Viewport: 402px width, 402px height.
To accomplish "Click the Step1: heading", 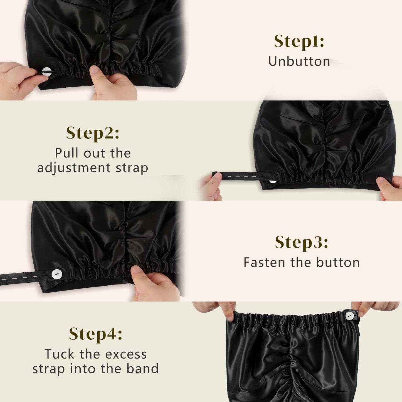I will coord(299,41).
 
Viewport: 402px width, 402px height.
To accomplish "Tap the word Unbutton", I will coord(299,61).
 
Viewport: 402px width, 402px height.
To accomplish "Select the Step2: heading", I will coord(93,133).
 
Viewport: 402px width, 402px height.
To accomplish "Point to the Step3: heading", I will coord(302,242).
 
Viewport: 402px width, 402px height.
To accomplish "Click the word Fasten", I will coord(264,262).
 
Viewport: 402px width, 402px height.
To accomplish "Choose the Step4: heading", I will coord(96,334).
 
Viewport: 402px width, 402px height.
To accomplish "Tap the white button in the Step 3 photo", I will coord(57,274).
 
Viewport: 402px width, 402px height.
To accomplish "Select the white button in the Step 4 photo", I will coord(350,316).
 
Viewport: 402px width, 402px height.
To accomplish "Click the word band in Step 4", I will coord(142,369).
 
